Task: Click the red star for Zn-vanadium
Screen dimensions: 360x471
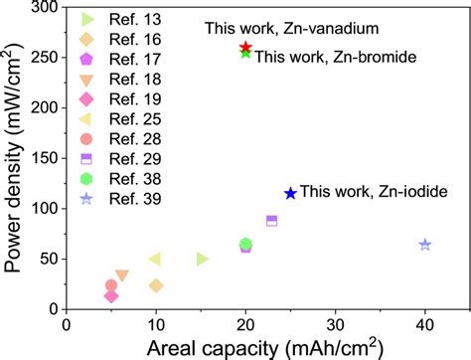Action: [x=246, y=48]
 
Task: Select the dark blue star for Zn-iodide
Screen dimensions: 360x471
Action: [x=290, y=194]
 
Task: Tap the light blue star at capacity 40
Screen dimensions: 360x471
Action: [x=425, y=245]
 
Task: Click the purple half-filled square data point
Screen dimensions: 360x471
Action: [x=272, y=221]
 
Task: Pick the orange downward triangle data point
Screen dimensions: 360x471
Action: [x=121, y=275]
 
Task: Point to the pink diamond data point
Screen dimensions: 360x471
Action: [x=111, y=295]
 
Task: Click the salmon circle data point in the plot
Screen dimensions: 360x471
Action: [x=111, y=285]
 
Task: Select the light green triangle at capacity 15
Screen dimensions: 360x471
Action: [x=202, y=259]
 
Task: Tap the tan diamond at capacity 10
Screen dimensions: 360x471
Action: [x=156, y=285]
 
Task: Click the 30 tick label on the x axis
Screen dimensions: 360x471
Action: [x=335, y=324]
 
